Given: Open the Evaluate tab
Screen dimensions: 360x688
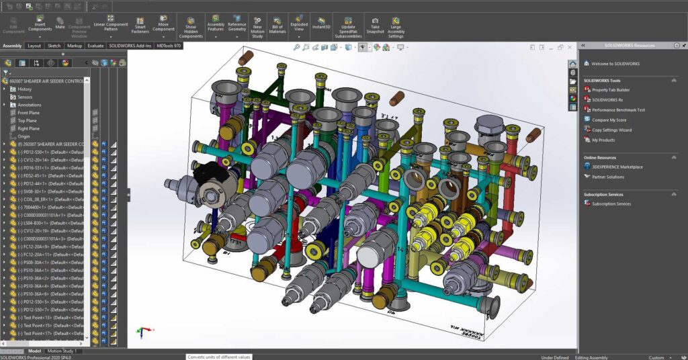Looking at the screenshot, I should (x=95, y=46).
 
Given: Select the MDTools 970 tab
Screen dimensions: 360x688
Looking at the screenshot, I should (x=169, y=46).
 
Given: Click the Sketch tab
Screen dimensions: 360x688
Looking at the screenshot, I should (x=53, y=46).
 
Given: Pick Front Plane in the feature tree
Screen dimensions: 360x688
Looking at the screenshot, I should (x=28, y=113).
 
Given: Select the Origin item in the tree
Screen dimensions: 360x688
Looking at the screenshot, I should (x=24, y=136).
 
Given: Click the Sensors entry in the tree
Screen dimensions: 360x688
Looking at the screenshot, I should (x=25, y=97).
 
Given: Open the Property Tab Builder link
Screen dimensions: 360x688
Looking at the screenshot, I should (x=610, y=89).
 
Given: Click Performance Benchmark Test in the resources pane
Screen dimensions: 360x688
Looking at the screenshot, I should (x=618, y=109).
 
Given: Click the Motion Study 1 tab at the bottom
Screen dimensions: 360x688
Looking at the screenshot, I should (x=64, y=351).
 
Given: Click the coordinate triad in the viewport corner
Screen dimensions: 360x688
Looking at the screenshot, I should (x=142, y=331).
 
